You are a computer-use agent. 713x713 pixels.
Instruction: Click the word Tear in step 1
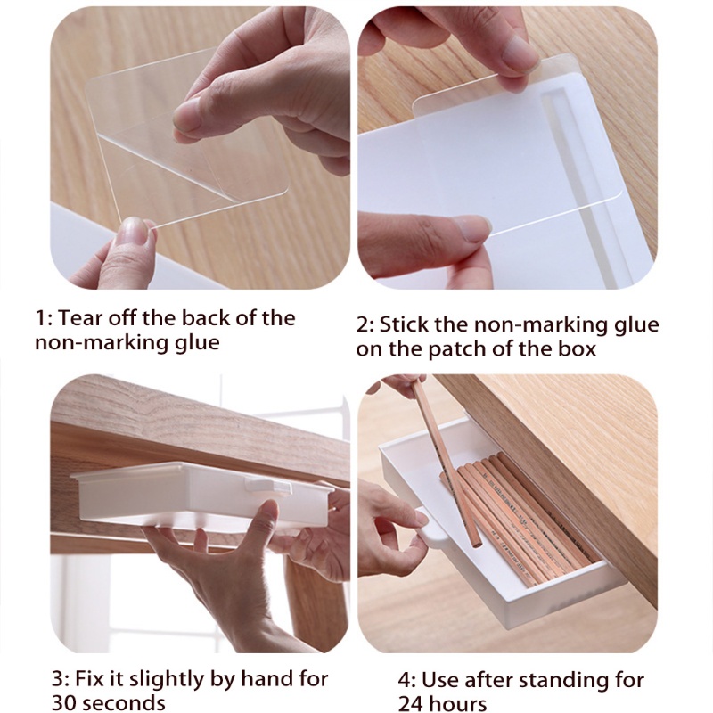pos(80,318)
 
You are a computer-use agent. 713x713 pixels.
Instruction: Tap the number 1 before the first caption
pos(40,318)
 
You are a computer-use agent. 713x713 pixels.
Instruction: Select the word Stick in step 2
pos(403,324)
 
